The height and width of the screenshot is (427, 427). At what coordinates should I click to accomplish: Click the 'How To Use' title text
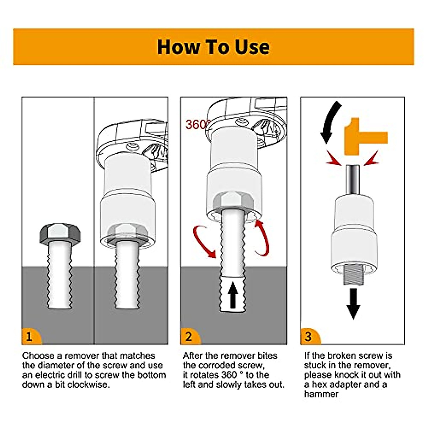coord(213,47)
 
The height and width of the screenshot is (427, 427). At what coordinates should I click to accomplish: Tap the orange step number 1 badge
coord(31,336)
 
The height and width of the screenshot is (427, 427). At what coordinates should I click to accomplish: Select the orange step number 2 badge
coord(190,336)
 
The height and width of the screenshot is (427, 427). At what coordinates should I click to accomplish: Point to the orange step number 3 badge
coord(310,336)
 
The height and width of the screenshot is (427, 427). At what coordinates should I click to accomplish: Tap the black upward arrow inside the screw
coord(233,295)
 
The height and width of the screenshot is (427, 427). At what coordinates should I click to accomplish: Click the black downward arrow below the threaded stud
coord(353,304)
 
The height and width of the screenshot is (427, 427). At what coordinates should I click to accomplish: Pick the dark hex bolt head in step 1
coord(60,233)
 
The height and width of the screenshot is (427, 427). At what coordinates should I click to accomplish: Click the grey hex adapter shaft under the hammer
coord(353,181)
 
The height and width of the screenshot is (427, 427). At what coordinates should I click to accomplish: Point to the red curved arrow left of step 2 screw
coord(204,242)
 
